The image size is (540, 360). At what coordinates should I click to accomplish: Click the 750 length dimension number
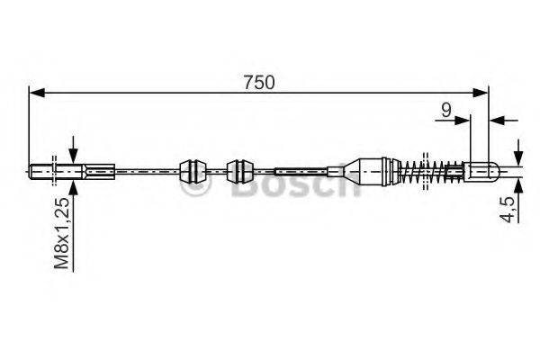259,81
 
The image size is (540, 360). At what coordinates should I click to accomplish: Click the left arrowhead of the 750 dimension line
36,91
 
